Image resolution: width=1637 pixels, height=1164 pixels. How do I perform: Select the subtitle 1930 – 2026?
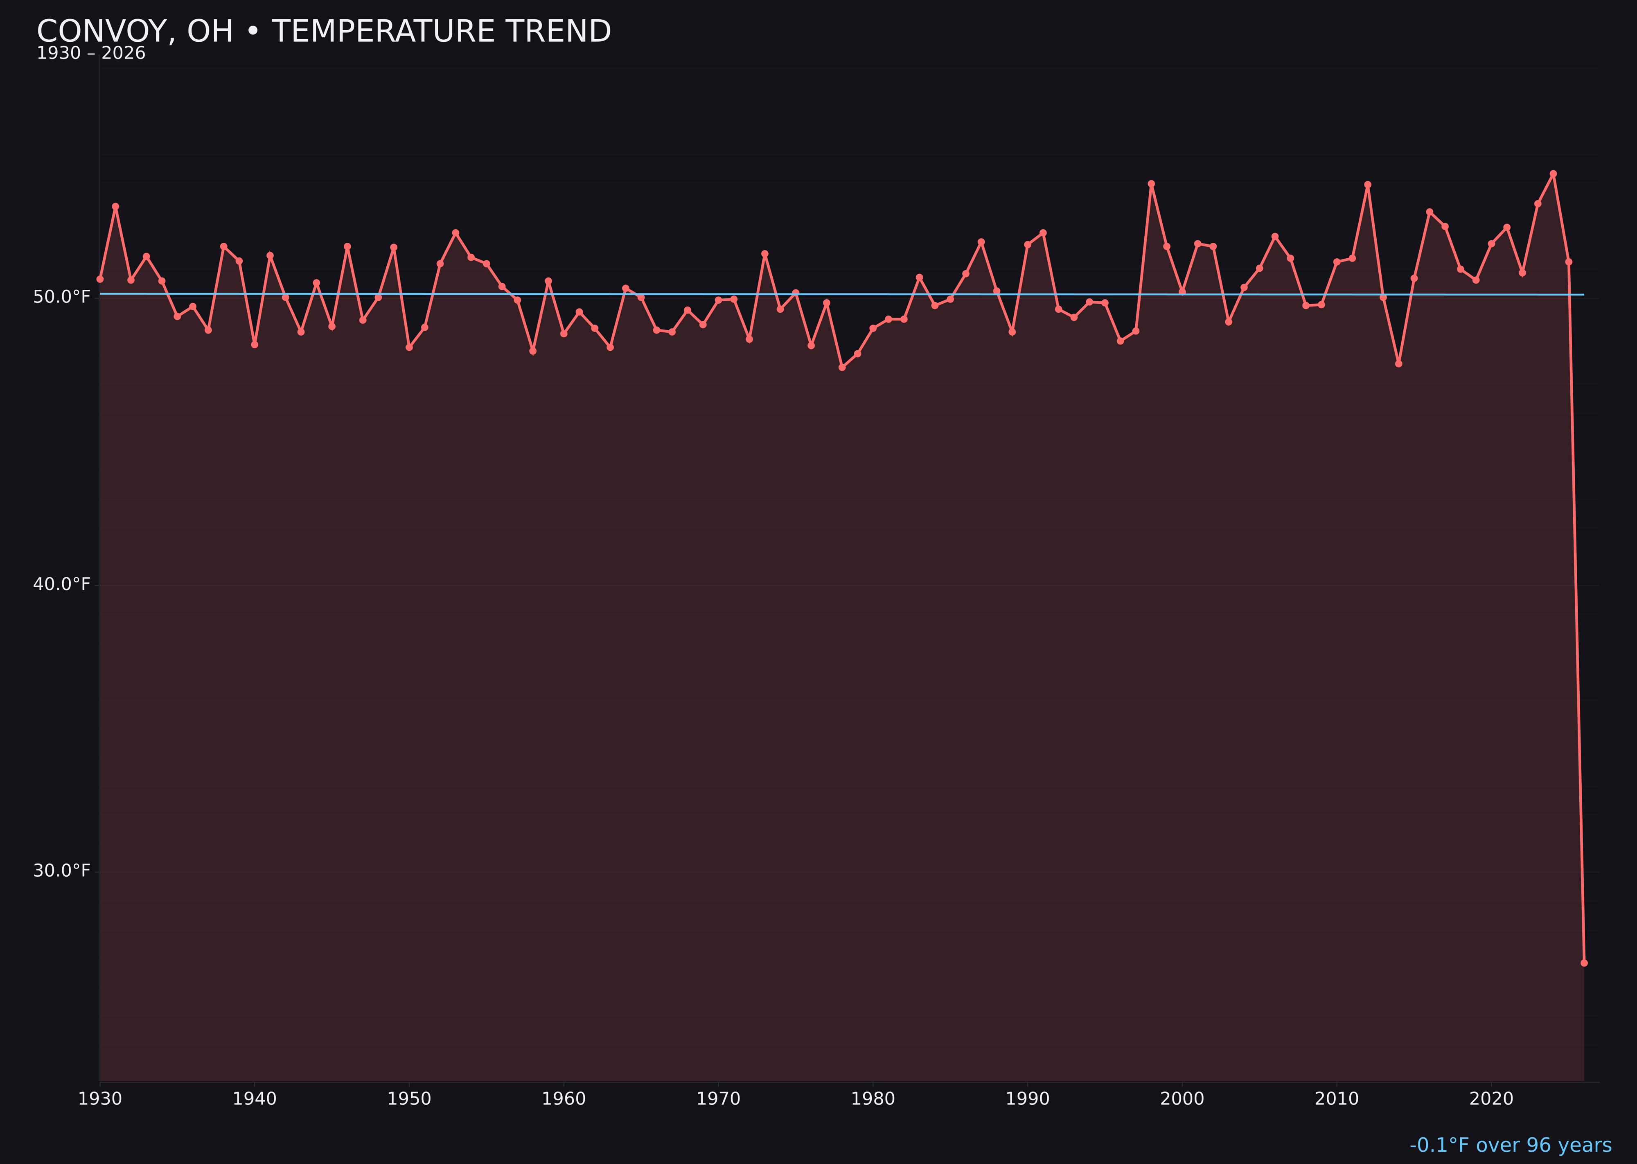click(x=91, y=54)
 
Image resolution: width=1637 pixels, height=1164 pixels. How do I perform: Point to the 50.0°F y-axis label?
click(x=62, y=297)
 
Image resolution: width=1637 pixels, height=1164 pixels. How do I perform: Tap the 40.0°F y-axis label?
click(x=62, y=584)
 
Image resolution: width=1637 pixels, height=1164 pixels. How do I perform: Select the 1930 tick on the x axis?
click(x=99, y=1099)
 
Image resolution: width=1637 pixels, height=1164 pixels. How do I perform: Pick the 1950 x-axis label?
click(x=409, y=1099)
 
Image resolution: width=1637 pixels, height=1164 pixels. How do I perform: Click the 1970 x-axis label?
click(x=718, y=1099)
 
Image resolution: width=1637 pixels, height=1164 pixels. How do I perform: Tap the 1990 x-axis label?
click(x=1027, y=1099)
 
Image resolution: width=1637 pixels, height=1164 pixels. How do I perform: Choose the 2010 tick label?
click(x=1337, y=1099)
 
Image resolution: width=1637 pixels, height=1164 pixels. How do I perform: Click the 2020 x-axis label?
click(x=1491, y=1099)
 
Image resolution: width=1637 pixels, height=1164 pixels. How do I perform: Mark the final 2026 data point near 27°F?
click(x=1584, y=963)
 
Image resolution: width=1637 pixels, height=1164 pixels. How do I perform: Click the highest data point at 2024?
click(x=1553, y=174)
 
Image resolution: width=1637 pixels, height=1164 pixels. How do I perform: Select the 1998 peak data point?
click(x=1151, y=183)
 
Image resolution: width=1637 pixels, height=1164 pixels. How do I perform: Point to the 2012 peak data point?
click(x=1368, y=184)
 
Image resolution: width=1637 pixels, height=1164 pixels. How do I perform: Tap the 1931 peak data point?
click(x=115, y=206)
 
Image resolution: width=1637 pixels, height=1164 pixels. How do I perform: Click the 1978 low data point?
click(x=842, y=367)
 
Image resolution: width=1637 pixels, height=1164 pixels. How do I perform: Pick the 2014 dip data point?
click(x=1398, y=363)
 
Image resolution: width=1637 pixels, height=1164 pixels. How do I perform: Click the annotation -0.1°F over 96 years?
click(x=1510, y=1145)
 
